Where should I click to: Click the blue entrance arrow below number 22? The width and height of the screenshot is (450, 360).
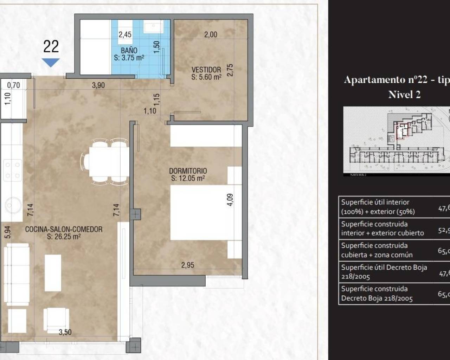[x=51, y=63]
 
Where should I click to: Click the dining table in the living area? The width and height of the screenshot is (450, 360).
[x=109, y=162]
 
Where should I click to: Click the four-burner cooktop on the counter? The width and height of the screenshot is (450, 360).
[x=12, y=170]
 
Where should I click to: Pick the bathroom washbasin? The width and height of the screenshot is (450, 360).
[x=153, y=27]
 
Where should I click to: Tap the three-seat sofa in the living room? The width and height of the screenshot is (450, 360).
[x=16, y=274]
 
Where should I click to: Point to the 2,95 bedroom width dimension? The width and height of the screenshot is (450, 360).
[x=187, y=265]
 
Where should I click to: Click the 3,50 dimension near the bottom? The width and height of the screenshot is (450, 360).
[x=65, y=332]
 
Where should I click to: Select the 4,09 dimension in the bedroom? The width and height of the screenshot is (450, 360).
[x=230, y=199]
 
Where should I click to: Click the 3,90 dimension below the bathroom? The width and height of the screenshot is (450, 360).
[x=98, y=85]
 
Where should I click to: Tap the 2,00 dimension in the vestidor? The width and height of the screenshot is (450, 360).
[x=211, y=34]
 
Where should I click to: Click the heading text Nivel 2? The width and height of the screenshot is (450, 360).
[x=404, y=95]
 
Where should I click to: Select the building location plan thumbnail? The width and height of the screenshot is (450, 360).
[x=396, y=141]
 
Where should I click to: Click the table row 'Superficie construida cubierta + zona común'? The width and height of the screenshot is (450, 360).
[x=394, y=250]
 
